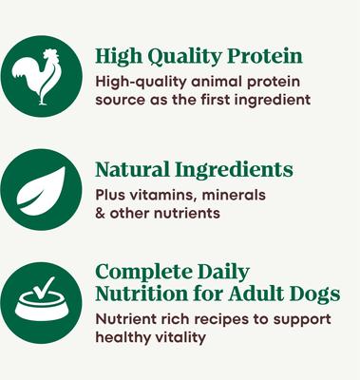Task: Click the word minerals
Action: [234, 195]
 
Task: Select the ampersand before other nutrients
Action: [101, 214]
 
